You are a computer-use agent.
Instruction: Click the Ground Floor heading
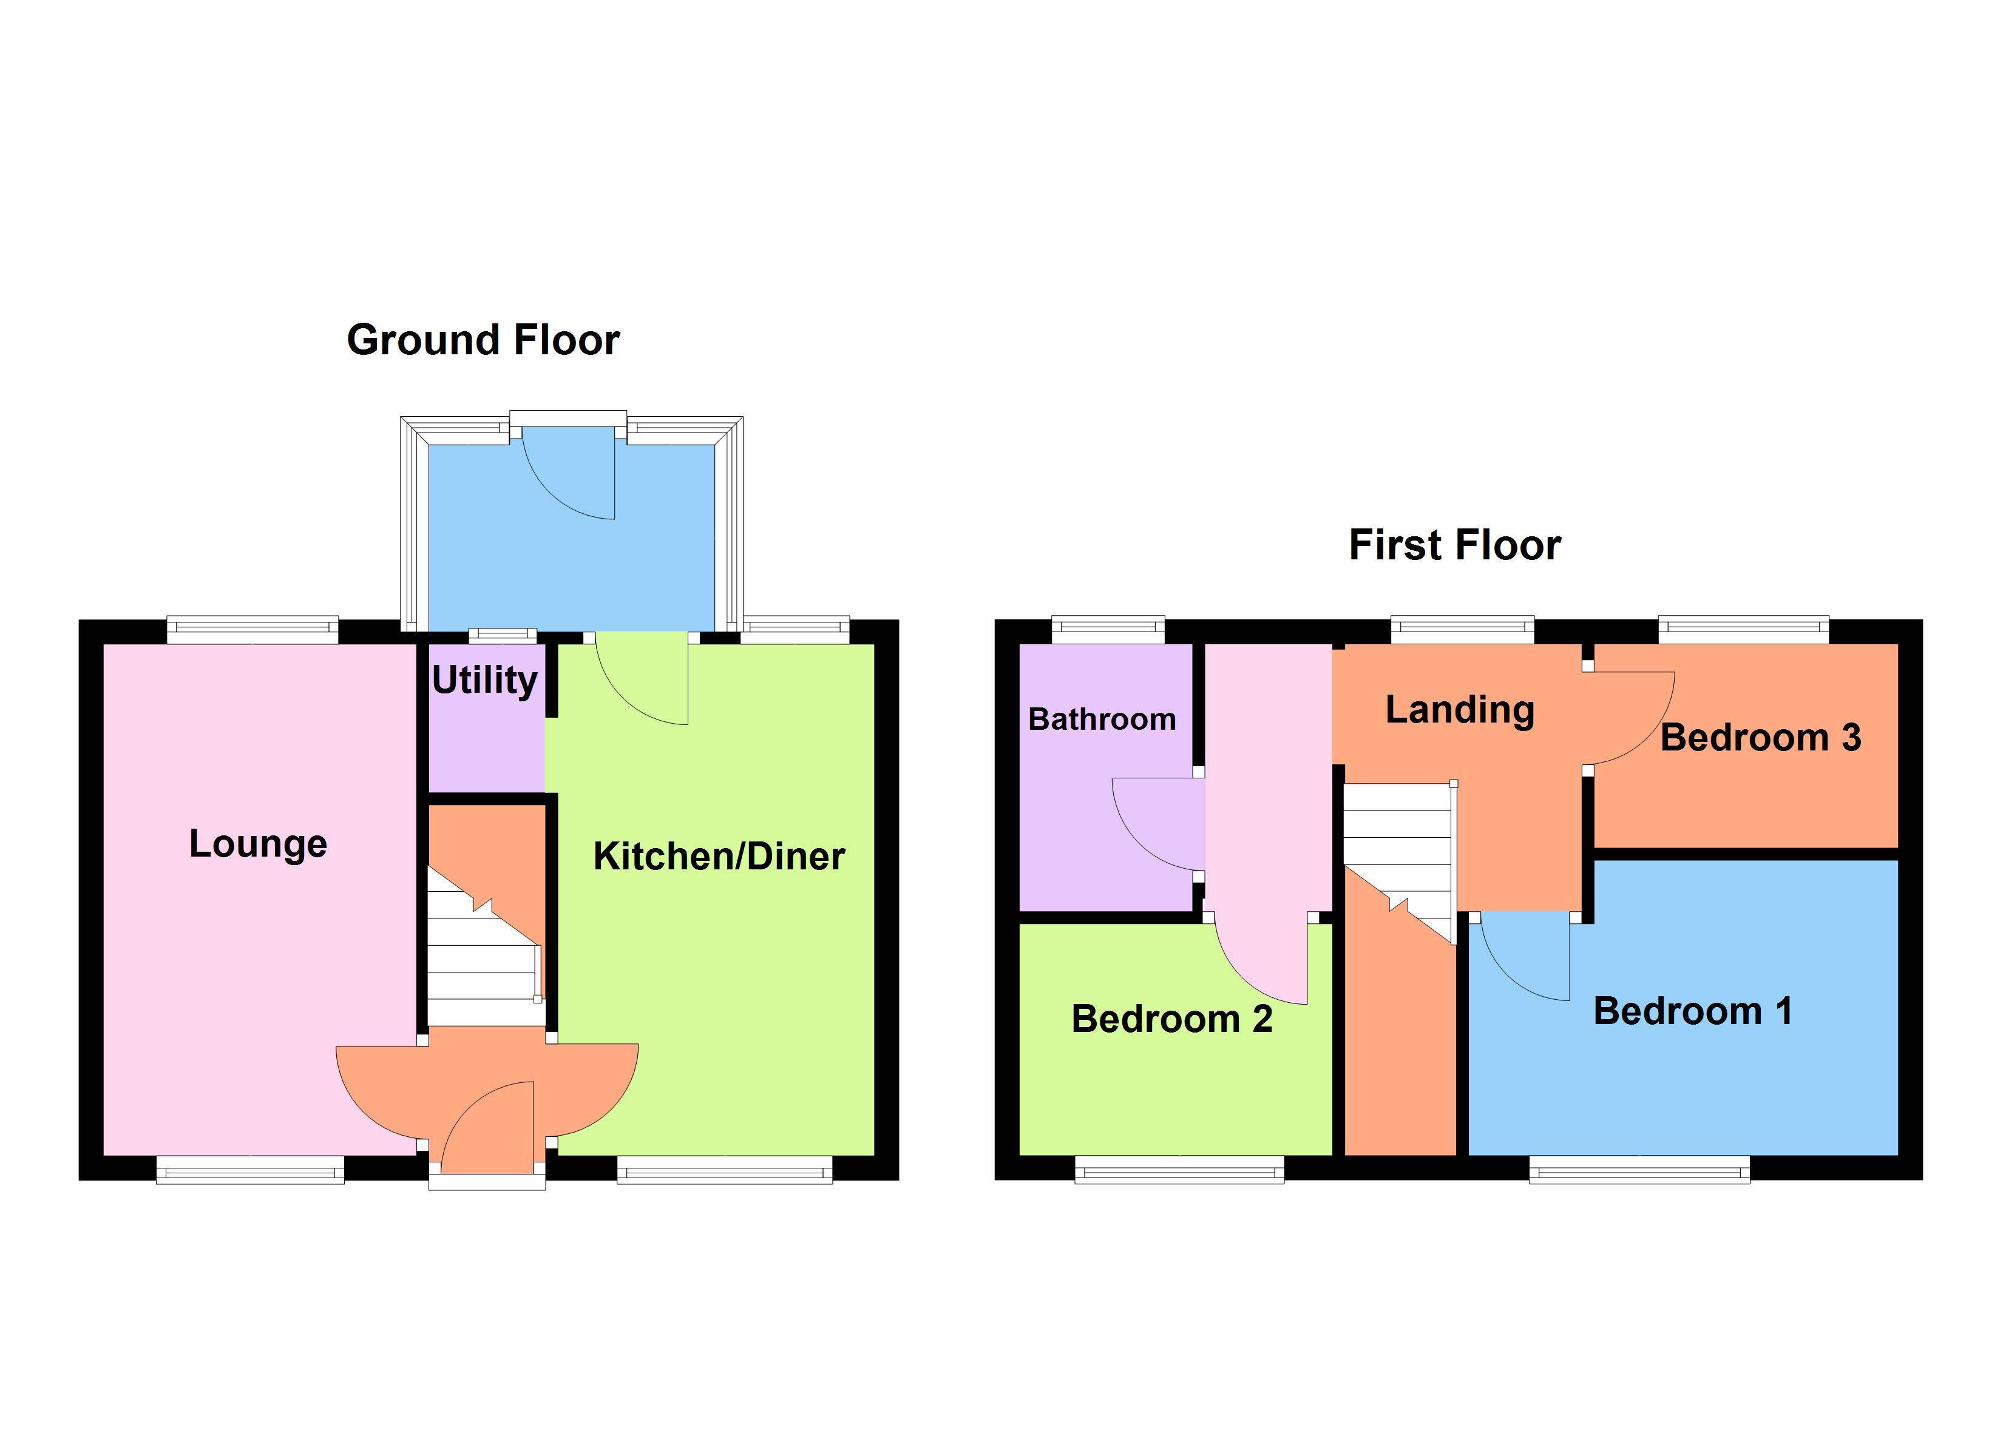pyautogui.click(x=483, y=340)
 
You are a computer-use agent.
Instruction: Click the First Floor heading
pyautogui.click(x=1454, y=545)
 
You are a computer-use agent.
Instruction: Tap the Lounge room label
pyautogui.click(x=258, y=843)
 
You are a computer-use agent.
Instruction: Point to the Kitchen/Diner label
pyautogui.click(x=719, y=855)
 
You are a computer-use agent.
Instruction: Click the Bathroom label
pyautogui.click(x=1101, y=719)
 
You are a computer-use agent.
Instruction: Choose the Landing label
pyautogui.click(x=1459, y=709)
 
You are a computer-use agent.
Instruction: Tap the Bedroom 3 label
pyautogui.click(x=1760, y=737)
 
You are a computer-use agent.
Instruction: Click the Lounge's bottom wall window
pyautogui.click(x=250, y=1171)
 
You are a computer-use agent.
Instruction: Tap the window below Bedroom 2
pyautogui.click(x=1179, y=1171)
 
